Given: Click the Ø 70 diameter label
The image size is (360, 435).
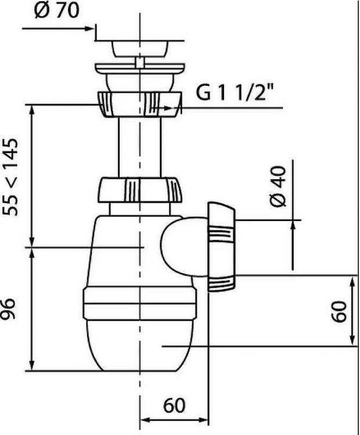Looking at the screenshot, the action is click(57, 10).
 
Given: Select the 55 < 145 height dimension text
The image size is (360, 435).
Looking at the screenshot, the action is click(10, 177).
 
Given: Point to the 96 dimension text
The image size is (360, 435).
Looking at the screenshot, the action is click(8, 309).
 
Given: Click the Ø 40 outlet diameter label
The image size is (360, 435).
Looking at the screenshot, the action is click(278, 186).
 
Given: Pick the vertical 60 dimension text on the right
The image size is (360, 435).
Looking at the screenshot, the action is click(339, 311).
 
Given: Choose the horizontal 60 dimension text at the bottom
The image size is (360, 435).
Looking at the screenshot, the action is click(174, 405).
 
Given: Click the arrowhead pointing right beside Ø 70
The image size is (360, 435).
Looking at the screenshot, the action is click(89, 28).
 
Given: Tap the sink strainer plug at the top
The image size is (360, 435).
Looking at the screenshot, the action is click(140, 49).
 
